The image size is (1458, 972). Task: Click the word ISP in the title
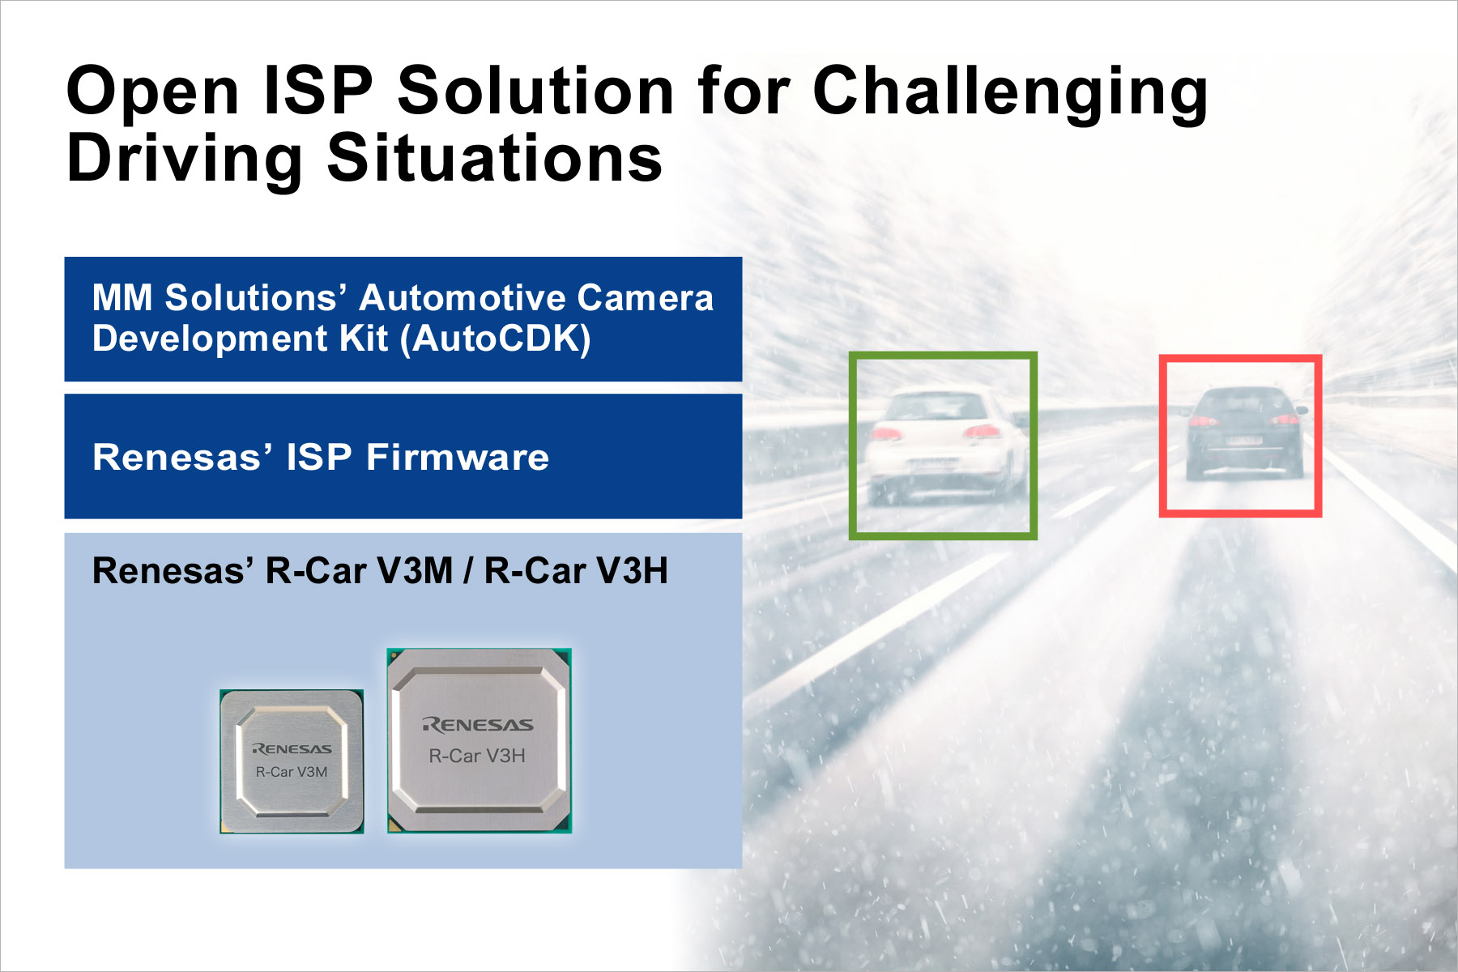pos(318,91)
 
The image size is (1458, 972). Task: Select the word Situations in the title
pos(494,158)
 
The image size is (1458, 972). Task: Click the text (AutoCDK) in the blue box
pos(496,339)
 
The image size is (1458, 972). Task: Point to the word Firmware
pos(458,458)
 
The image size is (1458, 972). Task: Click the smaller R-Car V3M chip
pos(292,761)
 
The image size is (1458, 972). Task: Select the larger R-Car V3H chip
pos(479,741)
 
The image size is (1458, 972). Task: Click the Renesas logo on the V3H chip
pos(478,725)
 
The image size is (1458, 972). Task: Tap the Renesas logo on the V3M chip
pos(292,748)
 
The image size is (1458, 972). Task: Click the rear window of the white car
pos(936,406)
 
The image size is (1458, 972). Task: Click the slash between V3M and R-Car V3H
pos(468,571)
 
